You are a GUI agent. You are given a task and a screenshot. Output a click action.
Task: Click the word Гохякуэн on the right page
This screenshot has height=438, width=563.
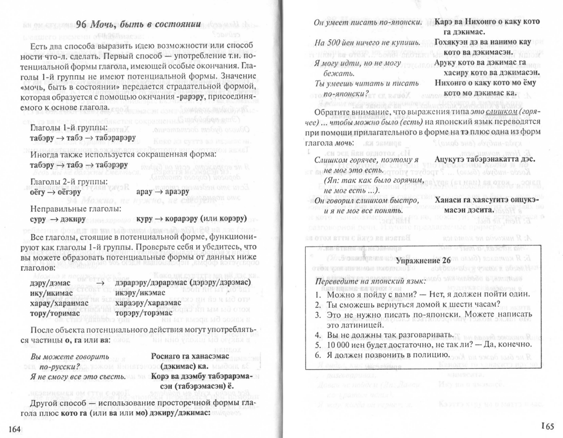(455, 43)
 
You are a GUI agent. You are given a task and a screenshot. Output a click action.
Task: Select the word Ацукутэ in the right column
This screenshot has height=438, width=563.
(451, 160)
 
